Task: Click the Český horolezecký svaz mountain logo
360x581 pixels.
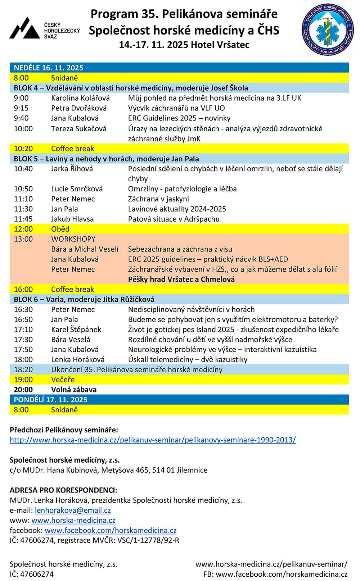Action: point(24,28)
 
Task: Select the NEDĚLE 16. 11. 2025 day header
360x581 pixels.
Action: point(49,68)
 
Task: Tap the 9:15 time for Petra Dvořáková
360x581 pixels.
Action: point(21,108)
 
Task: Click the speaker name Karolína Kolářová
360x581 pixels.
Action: point(80,98)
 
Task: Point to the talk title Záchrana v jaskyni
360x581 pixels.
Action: point(158,199)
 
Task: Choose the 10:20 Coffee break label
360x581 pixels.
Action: point(72,149)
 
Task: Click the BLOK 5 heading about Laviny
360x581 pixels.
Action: point(106,159)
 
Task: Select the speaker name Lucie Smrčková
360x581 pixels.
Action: point(77,189)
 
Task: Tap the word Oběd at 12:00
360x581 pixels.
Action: point(60,229)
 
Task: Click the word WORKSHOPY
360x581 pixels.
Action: point(73,239)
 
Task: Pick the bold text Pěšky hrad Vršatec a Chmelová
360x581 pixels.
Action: point(181,279)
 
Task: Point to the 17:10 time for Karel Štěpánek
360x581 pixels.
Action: point(23,329)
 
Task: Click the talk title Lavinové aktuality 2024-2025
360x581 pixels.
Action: point(177,209)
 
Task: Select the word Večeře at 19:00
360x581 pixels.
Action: point(63,380)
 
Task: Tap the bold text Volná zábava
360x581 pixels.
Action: point(74,390)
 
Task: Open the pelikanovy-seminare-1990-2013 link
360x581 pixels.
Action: point(153,440)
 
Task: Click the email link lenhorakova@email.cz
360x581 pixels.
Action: point(73,510)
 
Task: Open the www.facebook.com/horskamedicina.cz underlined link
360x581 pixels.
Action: point(111,530)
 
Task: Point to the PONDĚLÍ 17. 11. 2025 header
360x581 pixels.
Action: point(51,400)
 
